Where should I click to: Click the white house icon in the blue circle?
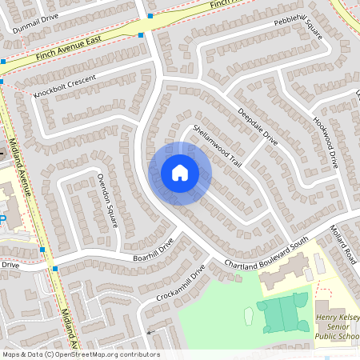click(180, 173)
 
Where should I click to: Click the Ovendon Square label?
click(107, 200)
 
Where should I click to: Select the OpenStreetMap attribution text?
click(81, 354)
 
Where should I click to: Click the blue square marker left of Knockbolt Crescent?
click(3, 81)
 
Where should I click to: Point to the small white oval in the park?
click(247, 316)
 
